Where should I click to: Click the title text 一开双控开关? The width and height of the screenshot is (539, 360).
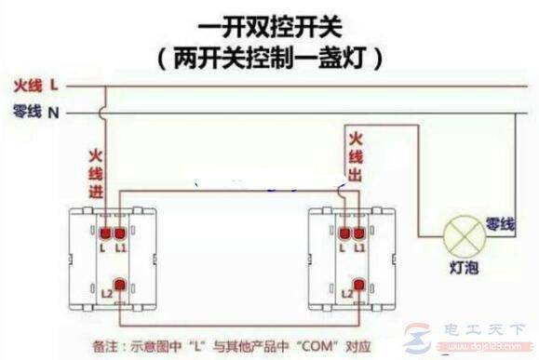pyautogui.click(x=270, y=20)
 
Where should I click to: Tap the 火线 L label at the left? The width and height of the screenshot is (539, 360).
pyautogui.click(x=36, y=86)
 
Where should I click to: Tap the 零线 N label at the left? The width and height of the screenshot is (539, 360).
pyautogui.click(x=36, y=113)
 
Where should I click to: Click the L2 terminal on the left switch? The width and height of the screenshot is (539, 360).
pyautogui.click(x=119, y=287)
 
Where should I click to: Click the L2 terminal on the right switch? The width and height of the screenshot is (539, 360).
pyautogui.click(x=357, y=287)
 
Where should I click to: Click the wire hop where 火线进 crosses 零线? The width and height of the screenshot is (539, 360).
pyautogui.click(x=105, y=113)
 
